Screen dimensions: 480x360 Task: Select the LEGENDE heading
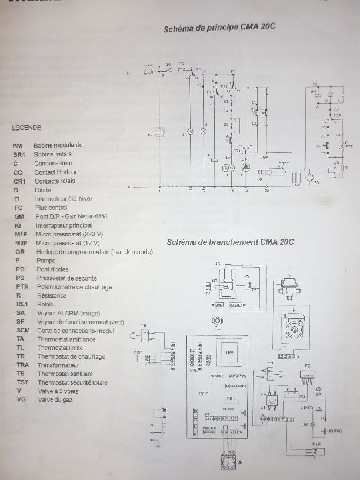[26, 127]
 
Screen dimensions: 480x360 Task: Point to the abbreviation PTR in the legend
[19, 286]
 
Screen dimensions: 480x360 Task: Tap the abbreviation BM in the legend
[17, 145]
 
